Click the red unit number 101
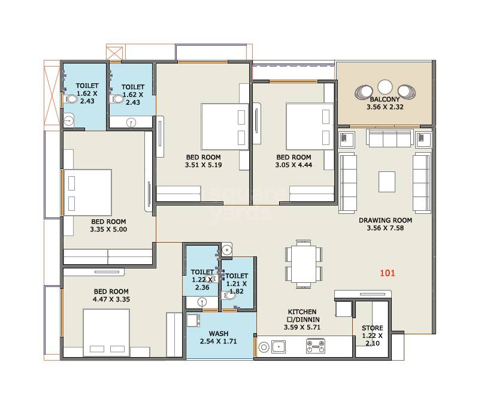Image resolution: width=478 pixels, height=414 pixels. (388, 273)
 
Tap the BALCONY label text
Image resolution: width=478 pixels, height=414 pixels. (385, 99)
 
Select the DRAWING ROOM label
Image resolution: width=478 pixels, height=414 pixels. (385, 220)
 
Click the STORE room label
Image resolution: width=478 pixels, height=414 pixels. (372, 328)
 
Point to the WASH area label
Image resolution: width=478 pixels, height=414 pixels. (218, 334)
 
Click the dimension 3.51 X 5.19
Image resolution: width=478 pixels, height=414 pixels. (204, 165)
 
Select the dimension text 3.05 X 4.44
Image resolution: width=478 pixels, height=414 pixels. (293, 165)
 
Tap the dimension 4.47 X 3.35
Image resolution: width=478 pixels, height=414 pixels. (111, 300)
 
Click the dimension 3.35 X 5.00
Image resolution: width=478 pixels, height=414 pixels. (108, 229)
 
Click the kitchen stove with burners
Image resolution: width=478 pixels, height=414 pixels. (315, 346)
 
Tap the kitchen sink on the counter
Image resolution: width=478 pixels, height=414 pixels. (279, 346)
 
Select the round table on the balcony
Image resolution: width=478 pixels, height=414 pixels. (385, 87)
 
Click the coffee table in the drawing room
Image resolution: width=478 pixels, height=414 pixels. (386, 181)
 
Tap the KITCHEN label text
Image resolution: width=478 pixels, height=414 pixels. (302, 312)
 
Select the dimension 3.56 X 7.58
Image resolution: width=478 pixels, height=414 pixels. (385, 228)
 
